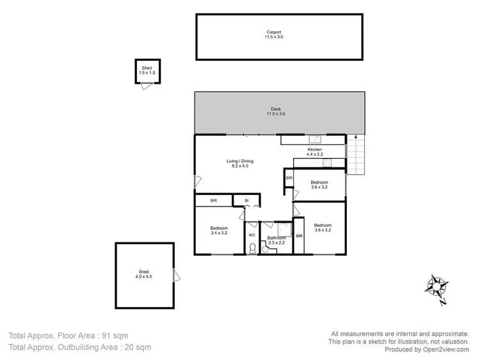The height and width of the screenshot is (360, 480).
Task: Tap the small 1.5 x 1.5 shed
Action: click(147, 71)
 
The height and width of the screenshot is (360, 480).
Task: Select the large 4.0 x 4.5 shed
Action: click(144, 275)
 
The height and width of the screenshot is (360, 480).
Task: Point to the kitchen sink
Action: click(314, 139)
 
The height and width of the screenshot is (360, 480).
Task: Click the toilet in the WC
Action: click(252, 248)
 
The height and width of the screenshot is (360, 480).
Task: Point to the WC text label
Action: click(252, 235)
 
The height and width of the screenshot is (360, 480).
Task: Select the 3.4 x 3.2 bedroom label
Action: click(219, 231)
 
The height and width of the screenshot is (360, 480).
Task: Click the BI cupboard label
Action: click(245, 201)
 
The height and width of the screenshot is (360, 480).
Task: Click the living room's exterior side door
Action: click(197, 180)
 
